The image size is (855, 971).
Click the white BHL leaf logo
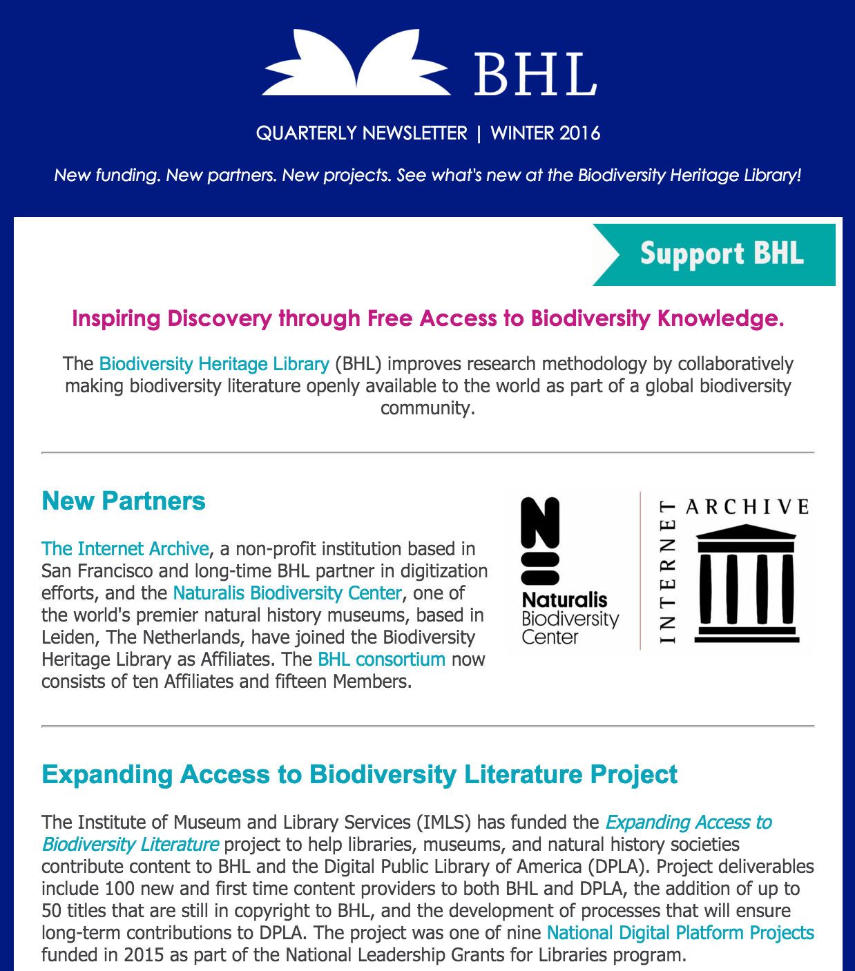pyautogui.click(x=356, y=64)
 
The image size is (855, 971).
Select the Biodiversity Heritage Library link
pyautogui.click(x=214, y=364)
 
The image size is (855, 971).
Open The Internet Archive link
pyautogui.click(x=125, y=549)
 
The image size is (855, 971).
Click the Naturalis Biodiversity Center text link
pyautogui.click(x=287, y=593)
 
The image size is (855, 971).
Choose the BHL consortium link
pyautogui.click(x=381, y=660)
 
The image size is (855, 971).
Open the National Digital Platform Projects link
pyautogui.click(x=680, y=933)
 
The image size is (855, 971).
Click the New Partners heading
pyautogui.click(x=124, y=501)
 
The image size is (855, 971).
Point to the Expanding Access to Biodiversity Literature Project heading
pyautogui.click(x=359, y=774)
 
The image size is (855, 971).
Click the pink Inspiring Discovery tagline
pyautogui.click(x=428, y=318)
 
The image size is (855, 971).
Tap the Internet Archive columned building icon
pyautogui.click(x=747, y=584)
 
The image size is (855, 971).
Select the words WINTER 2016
pyautogui.click(x=546, y=133)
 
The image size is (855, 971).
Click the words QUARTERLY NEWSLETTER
pyautogui.click(x=361, y=133)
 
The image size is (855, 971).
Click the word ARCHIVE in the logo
pyautogui.click(x=747, y=508)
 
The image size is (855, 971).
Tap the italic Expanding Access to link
pyautogui.click(x=689, y=823)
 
